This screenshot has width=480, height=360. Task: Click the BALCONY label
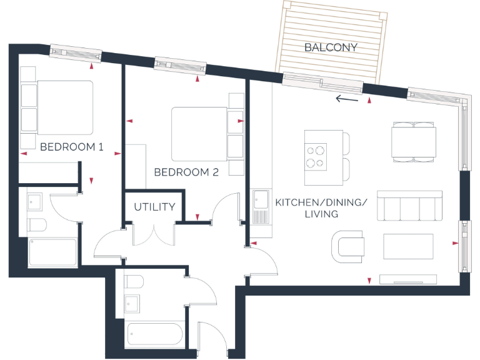(x=331, y=47)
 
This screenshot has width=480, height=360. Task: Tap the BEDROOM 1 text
(x=71, y=147)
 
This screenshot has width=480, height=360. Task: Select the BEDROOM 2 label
(x=186, y=172)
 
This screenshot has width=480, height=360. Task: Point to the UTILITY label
(x=154, y=207)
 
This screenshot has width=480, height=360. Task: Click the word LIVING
(x=321, y=214)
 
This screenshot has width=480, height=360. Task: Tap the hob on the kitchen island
(x=316, y=157)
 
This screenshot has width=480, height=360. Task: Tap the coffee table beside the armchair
(x=408, y=247)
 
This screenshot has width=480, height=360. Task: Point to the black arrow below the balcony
(x=347, y=98)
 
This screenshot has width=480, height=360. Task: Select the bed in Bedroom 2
(x=199, y=133)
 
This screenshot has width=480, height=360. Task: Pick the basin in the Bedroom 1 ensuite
(x=34, y=201)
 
